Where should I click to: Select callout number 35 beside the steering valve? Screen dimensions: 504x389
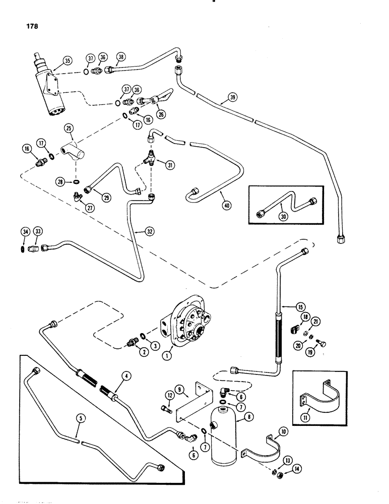pos(68,60)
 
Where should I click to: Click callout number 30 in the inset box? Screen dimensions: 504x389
pos(284,213)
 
